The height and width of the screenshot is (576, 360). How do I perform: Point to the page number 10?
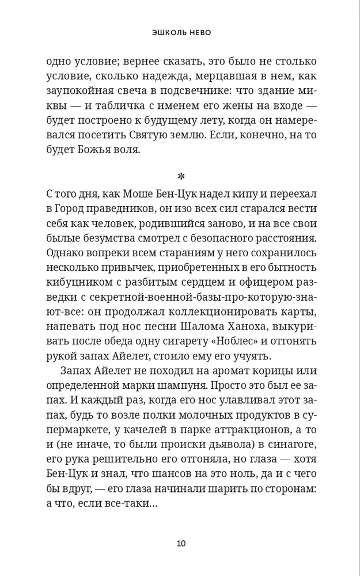(x=180, y=543)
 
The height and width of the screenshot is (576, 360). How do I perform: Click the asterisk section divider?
(x=180, y=176)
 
